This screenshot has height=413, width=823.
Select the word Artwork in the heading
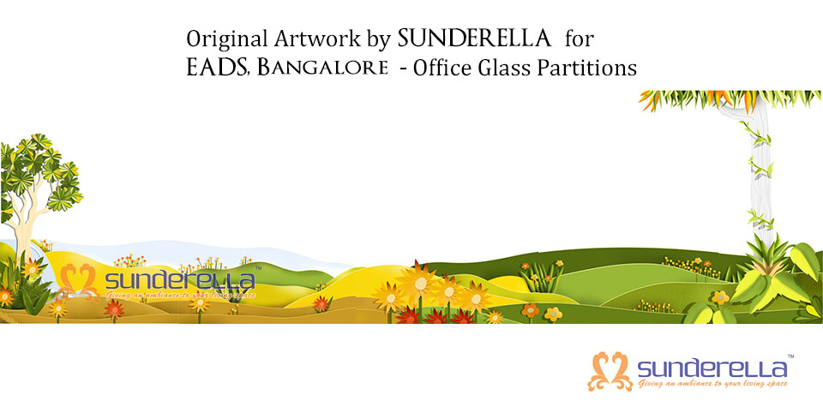tap(317, 39)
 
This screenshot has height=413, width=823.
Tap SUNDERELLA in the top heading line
tap(474, 39)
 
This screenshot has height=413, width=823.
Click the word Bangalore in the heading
tap(322, 68)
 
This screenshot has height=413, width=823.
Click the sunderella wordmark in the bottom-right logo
tap(712, 369)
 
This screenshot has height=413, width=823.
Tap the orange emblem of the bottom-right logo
tap(610, 372)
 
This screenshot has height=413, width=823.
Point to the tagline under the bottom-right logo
tap(712, 384)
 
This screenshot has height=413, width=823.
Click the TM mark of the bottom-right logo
tap(790, 356)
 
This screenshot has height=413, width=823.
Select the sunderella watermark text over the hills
tap(180, 281)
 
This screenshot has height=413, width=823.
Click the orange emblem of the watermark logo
tap(78, 282)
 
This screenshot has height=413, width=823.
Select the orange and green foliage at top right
tap(730, 100)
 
